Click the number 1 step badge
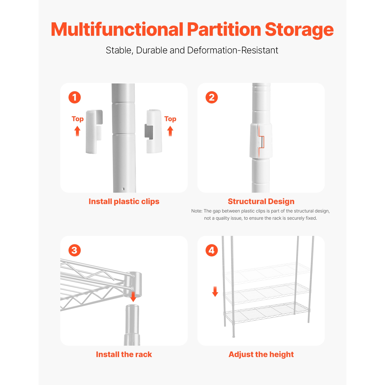click(x=75, y=98)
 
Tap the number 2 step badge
click(x=212, y=98)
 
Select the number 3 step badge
click(x=75, y=250)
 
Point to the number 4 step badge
click(x=212, y=250)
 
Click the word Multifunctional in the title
click(x=117, y=30)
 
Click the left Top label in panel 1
click(x=78, y=119)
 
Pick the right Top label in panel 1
click(x=170, y=119)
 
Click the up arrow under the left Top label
click(x=77, y=131)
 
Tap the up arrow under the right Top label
click(x=170, y=131)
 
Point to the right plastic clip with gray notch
click(x=154, y=131)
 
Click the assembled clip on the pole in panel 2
click(x=261, y=141)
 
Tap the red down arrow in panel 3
click(x=133, y=297)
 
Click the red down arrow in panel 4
click(x=215, y=292)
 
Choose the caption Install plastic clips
click(x=124, y=201)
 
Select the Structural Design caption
click(x=261, y=201)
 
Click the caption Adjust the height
click(x=261, y=354)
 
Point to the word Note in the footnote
click(x=196, y=211)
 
